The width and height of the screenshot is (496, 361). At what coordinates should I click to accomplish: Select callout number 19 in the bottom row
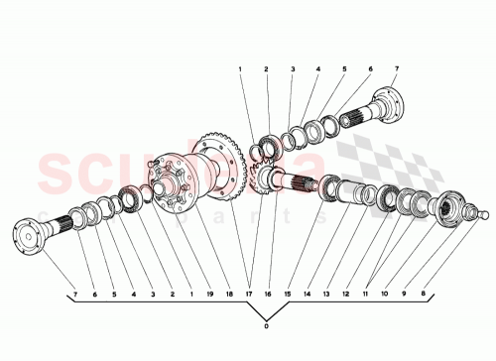click(209, 296)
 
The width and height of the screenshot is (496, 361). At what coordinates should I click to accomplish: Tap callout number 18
click(231, 296)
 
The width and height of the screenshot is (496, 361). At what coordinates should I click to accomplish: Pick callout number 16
click(268, 296)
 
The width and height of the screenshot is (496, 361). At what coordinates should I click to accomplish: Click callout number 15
click(289, 296)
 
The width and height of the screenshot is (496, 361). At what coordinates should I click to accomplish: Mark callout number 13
click(325, 296)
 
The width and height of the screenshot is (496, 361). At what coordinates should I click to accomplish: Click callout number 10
click(385, 296)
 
